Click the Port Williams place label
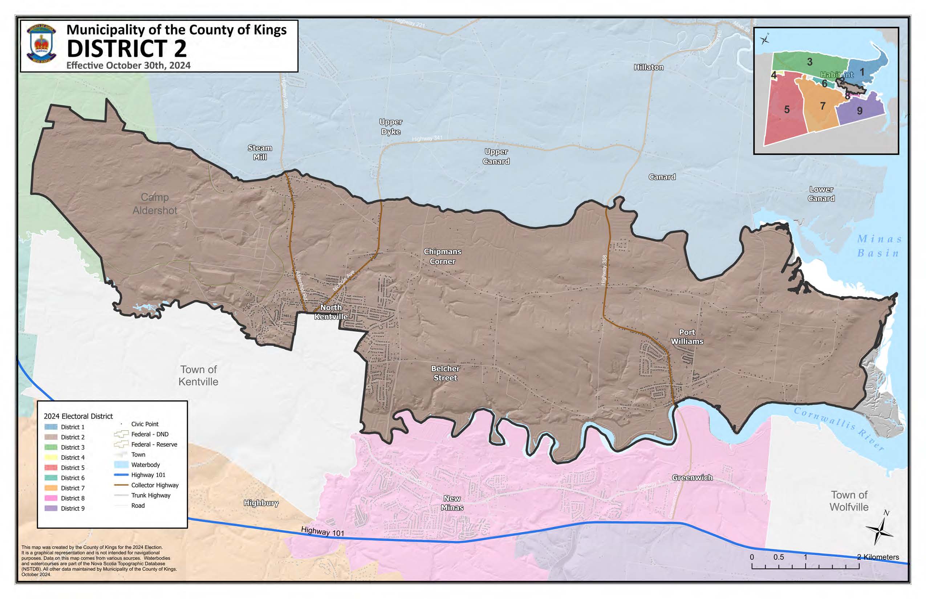[x=687, y=337]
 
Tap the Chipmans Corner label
[x=442, y=257]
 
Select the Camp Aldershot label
[x=155, y=204]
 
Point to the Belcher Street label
[x=445, y=373]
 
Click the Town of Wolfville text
[x=849, y=501]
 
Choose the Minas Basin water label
[x=878, y=246]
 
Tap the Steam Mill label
[x=260, y=152]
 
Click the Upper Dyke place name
[x=391, y=127]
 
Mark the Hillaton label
[x=649, y=67]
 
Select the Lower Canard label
[x=821, y=194]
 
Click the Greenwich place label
[x=692, y=478]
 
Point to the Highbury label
[x=261, y=503]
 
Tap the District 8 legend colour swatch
[x=51, y=498]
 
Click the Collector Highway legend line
[x=121, y=485]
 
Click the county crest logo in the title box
[x=42, y=44]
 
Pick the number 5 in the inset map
[x=787, y=110]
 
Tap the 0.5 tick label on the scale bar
[x=779, y=557]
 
